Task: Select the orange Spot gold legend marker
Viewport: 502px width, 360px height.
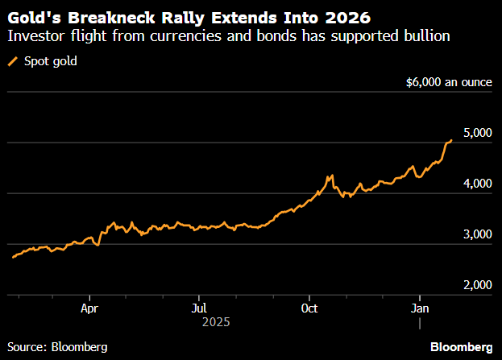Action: [x=12, y=61]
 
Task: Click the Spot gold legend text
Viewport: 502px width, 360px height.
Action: [x=51, y=61]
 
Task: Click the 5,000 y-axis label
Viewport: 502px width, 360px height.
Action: [x=475, y=133]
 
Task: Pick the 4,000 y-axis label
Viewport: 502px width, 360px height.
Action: [x=475, y=184]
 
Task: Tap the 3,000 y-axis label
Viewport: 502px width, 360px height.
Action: [x=475, y=234]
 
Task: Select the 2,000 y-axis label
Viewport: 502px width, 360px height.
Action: [x=475, y=285]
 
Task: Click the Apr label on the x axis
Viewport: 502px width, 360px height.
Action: [x=89, y=307]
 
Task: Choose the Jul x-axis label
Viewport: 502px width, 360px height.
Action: [x=200, y=307]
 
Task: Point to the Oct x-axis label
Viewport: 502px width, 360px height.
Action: [x=309, y=307]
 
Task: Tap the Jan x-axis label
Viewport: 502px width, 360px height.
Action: [x=419, y=307]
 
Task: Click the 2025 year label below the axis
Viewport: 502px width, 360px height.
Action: [x=215, y=321]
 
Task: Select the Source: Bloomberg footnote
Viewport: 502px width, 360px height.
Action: [x=56, y=346]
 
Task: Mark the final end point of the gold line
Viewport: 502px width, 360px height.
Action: [x=451, y=140]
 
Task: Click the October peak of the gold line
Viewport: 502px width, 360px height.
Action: [x=330, y=176]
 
